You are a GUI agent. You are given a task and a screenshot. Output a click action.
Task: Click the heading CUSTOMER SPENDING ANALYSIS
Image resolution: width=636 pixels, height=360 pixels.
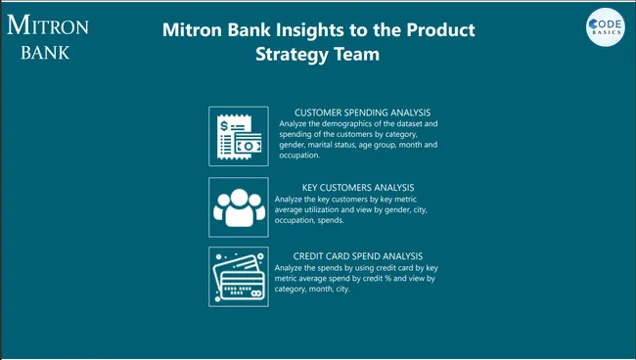362,112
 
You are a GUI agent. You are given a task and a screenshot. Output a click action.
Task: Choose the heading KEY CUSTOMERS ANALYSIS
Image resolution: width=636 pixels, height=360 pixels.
358,187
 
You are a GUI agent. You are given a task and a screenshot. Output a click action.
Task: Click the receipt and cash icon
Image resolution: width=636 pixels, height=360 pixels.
238,136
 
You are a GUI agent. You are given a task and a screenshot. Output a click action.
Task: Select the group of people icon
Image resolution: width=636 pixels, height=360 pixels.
238,206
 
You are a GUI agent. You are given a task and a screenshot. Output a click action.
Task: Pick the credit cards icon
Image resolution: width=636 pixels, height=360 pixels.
238,277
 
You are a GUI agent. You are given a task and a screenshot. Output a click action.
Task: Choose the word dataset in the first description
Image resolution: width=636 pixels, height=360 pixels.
407,124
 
